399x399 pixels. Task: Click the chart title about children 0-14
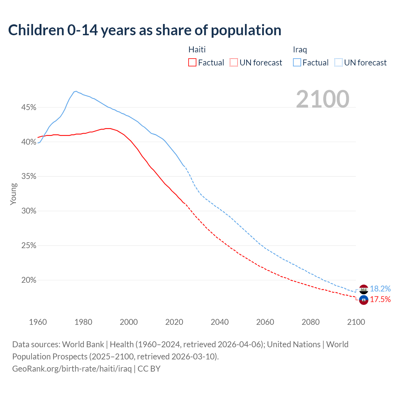click(145, 30)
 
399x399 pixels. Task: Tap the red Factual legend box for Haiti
click(192, 63)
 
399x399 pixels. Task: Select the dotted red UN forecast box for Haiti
click(234, 63)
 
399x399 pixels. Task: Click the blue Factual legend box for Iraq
click(297, 63)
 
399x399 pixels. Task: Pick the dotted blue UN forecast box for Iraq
click(339, 63)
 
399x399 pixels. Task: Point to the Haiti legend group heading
click(197, 50)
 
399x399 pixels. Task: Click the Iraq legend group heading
click(300, 50)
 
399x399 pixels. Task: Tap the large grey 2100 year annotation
click(323, 99)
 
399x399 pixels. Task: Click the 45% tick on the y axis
click(29, 108)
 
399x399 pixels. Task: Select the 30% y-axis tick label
click(29, 211)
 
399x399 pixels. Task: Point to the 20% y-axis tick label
click(29, 280)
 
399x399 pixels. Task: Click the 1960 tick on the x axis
click(38, 322)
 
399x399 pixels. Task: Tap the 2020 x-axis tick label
click(174, 322)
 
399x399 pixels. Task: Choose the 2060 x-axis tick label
click(265, 322)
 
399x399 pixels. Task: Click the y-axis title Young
click(13, 194)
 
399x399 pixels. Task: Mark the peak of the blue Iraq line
click(76, 91)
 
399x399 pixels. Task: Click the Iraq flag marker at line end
click(363, 290)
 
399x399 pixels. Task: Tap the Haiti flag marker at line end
click(363, 300)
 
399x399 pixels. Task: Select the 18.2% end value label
click(380, 289)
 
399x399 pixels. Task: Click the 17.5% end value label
click(380, 300)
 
